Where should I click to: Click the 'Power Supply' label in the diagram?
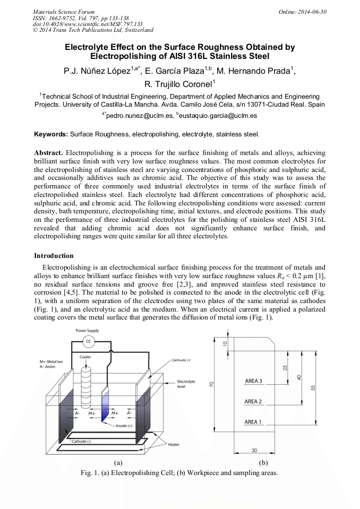[x=87, y=330]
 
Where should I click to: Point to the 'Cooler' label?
[x=85, y=357]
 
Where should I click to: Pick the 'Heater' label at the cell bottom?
[x=174, y=444]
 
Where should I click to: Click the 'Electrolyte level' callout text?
[x=186, y=384]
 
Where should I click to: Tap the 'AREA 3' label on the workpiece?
[x=253, y=381]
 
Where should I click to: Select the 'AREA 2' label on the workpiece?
[x=253, y=402]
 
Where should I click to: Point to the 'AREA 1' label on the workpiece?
[x=253, y=422]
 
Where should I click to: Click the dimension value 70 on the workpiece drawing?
[x=211, y=384]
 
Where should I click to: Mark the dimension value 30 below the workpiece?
[x=254, y=451]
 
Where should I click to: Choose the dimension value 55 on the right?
[x=313, y=387]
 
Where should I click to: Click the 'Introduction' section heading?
[x=54, y=256]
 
